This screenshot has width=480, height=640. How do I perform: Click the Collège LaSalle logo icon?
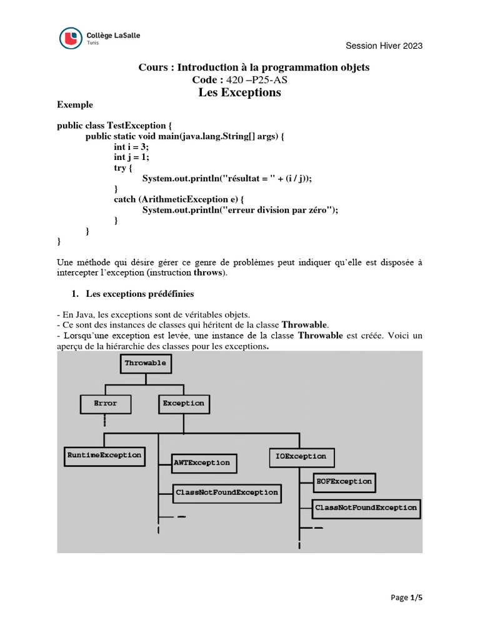tap(69, 39)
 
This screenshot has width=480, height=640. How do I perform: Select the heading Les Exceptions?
tap(239, 92)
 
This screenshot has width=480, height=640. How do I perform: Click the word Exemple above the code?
tap(74, 105)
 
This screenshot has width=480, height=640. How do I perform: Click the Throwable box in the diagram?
tap(145, 362)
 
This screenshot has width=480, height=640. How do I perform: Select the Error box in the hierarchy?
tap(106, 404)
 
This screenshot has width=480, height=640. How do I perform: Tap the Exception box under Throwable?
tap(183, 404)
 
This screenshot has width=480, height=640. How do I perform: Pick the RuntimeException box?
tap(104, 455)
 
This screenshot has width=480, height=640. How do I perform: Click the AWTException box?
tap(202, 463)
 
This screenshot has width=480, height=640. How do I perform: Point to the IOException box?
tap(301, 457)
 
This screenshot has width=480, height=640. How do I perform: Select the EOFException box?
tap(344, 481)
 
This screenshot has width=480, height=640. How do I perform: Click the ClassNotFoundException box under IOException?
tap(366, 507)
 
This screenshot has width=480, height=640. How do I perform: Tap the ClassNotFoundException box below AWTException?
tap(226, 492)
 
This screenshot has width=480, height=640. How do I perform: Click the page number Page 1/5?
tap(407, 598)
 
